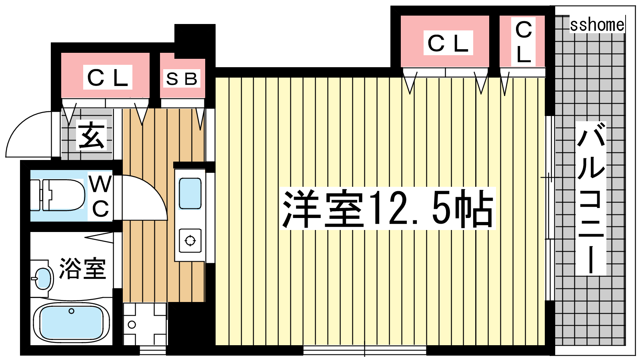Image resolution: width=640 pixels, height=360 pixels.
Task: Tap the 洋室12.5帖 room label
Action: pos(388,208)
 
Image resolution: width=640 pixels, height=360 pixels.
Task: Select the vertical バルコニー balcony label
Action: pos(590,198)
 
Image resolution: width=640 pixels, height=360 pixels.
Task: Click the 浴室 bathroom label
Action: pos(82,268)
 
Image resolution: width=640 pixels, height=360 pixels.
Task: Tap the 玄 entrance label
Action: pos(92,135)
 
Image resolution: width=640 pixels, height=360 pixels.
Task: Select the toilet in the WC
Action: pos(58,195)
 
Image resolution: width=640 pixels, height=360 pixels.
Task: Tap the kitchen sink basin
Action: pos(190,194)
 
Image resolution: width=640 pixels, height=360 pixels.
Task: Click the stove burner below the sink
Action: pos(190,240)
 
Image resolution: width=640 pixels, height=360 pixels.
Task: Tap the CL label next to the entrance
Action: pos(108,78)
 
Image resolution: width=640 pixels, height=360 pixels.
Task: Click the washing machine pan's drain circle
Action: pos(132,324)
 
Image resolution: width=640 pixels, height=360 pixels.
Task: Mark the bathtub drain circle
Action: pos(72,311)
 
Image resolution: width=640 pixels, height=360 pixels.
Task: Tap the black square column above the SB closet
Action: pos(195,41)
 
